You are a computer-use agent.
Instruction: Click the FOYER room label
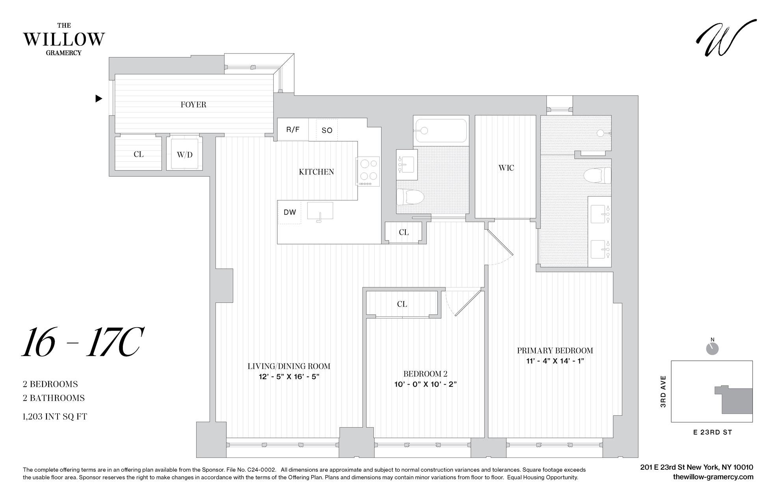click(x=193, y=105)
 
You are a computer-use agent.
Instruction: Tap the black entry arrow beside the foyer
click(x=99, y=98)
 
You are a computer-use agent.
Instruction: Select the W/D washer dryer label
click(x=184, y=155)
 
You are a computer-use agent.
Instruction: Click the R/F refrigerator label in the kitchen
click(x=293, y=130)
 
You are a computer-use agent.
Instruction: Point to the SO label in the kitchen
click(x=327, y=130)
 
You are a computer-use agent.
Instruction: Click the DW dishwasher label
click(x=290, y=212)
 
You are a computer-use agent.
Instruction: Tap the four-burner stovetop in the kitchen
click(x=368, y=171)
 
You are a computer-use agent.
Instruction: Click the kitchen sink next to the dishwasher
click(x=320, y=211)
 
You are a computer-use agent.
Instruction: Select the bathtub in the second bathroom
click(x=441, y=130)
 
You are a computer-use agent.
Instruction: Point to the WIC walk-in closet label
click(x=506, y=168)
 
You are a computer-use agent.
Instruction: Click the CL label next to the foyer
click(x=139, y=154)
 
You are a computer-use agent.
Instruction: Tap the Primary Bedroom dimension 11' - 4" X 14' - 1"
click(x=555, y=361)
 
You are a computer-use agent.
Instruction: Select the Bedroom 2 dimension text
click(x=425, y=384)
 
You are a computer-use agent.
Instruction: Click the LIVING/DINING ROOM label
click(x=289, y=366)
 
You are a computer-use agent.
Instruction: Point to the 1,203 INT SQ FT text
click(x=55, y=417)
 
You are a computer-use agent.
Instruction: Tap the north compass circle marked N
click(x=713, y=348)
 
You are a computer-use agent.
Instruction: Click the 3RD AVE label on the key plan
click(x=663, y=391)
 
